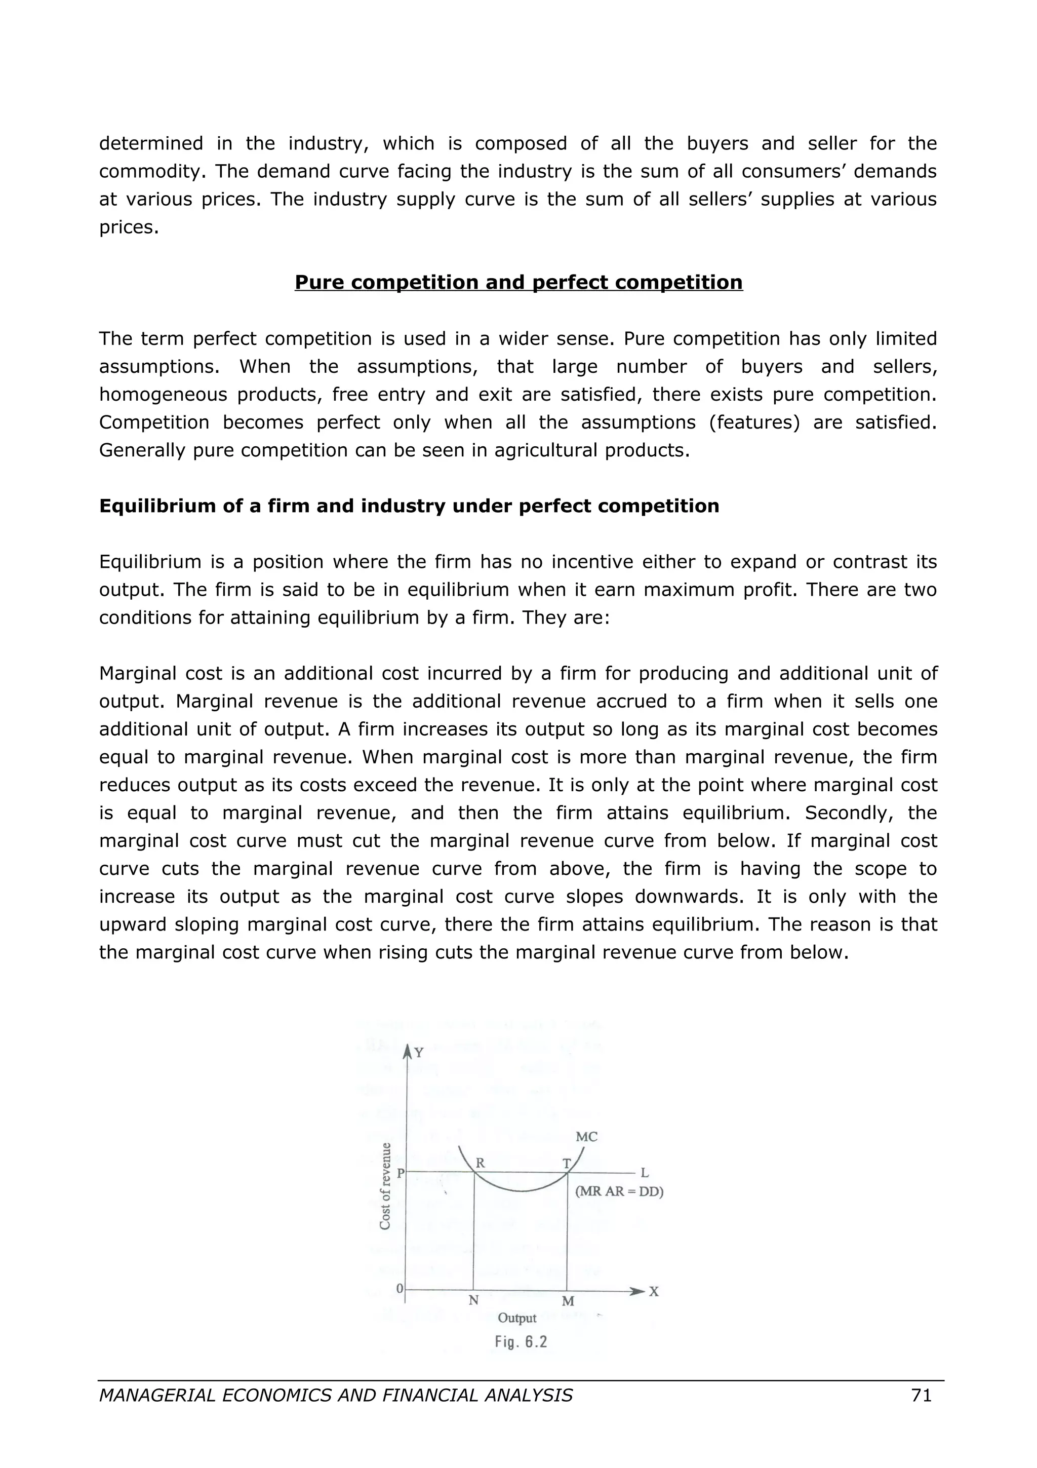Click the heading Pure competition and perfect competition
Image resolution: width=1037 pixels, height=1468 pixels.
[x=518, y=282]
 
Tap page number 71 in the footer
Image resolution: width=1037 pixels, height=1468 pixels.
[x=921, y=1395]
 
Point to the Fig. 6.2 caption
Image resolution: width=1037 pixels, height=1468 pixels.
[x=521, y=1341]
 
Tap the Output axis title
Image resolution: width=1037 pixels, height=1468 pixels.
[x=517, y=1318]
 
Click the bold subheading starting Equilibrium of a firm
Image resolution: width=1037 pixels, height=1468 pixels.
[x=409, y=506]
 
